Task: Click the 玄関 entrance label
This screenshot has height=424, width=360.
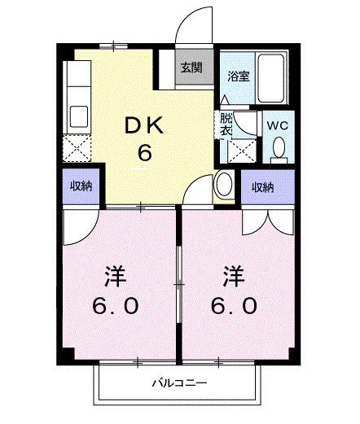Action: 191,68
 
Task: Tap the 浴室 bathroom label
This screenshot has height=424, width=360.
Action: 239,76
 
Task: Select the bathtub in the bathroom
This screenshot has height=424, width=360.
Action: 270,78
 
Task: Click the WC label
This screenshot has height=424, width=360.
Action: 278,125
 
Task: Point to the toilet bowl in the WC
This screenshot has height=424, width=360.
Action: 279,147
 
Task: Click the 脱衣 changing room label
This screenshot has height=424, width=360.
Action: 226,124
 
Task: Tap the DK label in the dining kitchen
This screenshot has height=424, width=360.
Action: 144,125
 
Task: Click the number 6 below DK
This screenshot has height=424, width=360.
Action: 144,153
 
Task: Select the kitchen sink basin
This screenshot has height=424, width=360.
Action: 79,116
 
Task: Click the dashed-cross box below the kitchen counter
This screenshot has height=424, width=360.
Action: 77,149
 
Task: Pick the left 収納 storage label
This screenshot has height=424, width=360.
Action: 81,186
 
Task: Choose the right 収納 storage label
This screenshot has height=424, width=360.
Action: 262,187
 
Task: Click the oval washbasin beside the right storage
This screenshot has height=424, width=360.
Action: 224,184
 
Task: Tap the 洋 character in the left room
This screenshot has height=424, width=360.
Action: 115,276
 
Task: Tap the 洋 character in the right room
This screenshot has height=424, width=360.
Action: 234,276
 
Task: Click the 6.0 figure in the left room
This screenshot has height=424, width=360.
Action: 116,305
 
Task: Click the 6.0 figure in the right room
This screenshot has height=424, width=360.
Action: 234,305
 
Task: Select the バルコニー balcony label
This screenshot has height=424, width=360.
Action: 179,383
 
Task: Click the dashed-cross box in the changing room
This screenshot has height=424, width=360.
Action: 242,151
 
